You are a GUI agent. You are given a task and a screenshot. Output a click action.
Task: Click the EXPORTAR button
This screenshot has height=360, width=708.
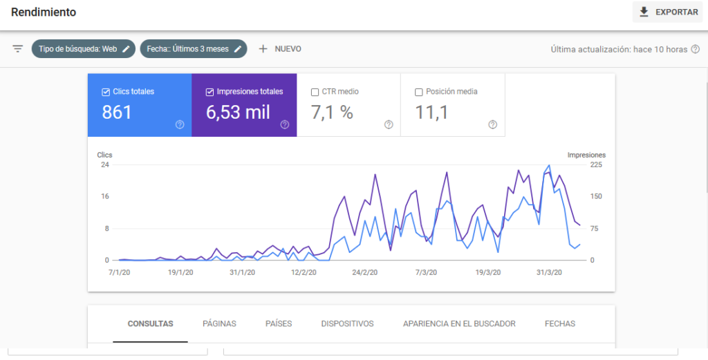pyautogui.click(x=667, y=12)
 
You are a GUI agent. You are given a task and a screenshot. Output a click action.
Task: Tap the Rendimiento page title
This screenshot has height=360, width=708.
pyautogui.click(x=44, y=12)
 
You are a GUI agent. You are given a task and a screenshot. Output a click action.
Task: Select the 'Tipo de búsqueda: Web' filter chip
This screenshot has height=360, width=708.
pyautogui.click(x=83, y=49)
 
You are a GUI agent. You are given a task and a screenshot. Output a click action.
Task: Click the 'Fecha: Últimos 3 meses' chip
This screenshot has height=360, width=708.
pyautogui.click(x=193, y=49)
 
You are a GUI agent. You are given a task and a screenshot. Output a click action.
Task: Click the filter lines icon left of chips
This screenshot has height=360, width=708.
pyautogui.click(x=18, y=49)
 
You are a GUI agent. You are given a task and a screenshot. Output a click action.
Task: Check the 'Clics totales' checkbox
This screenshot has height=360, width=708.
pyautogui.click(x=106, y=92)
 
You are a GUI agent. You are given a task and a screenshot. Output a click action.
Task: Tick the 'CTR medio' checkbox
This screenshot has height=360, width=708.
pyautogui.click(x=315, y=92)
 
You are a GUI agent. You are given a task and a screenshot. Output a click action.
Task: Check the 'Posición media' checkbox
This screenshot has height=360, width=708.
pyautogui.click(x=419, y=92)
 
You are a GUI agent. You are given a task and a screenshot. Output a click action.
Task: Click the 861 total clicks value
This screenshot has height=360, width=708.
pyautogui.click(x=117, y=113)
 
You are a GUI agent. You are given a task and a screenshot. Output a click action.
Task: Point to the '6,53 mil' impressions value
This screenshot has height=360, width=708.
pyautogui.click(x=239, y=113)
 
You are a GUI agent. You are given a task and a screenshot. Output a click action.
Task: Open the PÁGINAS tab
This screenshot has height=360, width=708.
pyautogui.click(x=219, y=323)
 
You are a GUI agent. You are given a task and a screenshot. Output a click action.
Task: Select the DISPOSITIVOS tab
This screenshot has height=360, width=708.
pyautogui.click(x=347, y=323)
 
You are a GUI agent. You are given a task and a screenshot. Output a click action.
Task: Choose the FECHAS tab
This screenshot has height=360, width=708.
pyautogui.click(x=560, y=323)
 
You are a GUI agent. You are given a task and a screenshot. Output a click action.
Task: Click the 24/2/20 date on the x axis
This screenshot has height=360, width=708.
pyautogui.click(x=365, y=272)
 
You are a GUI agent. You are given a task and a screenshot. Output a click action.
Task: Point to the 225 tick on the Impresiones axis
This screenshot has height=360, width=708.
pyautogui.click(x=595, y=164)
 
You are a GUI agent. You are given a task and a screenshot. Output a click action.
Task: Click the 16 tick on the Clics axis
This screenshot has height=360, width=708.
pyautogui.click(x=105, y=196)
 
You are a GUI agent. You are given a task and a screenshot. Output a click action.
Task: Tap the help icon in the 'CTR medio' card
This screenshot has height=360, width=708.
pyautogui.click(x=389, y=124)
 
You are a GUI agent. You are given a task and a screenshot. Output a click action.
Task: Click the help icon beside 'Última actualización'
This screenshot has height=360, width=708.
pyautogui.click(x=696, y=49)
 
